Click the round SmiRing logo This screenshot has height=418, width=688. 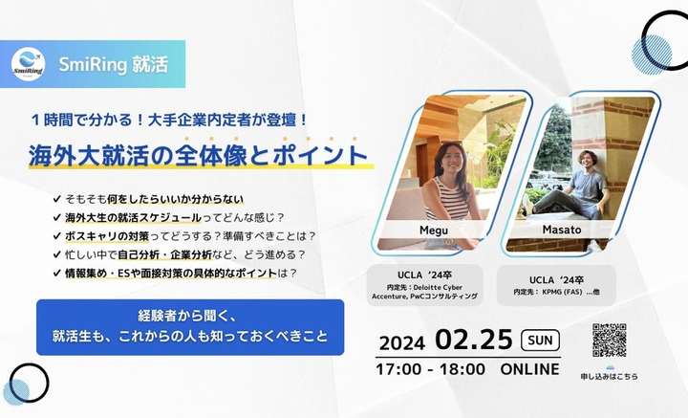[28, 64]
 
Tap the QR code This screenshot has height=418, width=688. [609, 341]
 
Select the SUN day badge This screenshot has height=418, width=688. [540, 341]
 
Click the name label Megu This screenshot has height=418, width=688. [434, 231]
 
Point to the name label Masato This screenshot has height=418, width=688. [562, 230]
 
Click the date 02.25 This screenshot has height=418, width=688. [474, 340]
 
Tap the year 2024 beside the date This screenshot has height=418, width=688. [402, 343]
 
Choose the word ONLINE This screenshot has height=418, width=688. [529, 369]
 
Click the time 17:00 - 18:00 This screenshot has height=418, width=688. [430, 369]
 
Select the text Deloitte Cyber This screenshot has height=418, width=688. [438, 287]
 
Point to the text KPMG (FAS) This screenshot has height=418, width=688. [562, 292]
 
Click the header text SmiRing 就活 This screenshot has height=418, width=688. [113, 64]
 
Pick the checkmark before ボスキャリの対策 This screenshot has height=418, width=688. [56, 236]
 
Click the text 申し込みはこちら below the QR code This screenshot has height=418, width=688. [609, 376]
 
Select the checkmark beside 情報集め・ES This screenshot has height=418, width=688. [56, 273]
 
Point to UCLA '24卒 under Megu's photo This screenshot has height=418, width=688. [424, 275]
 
